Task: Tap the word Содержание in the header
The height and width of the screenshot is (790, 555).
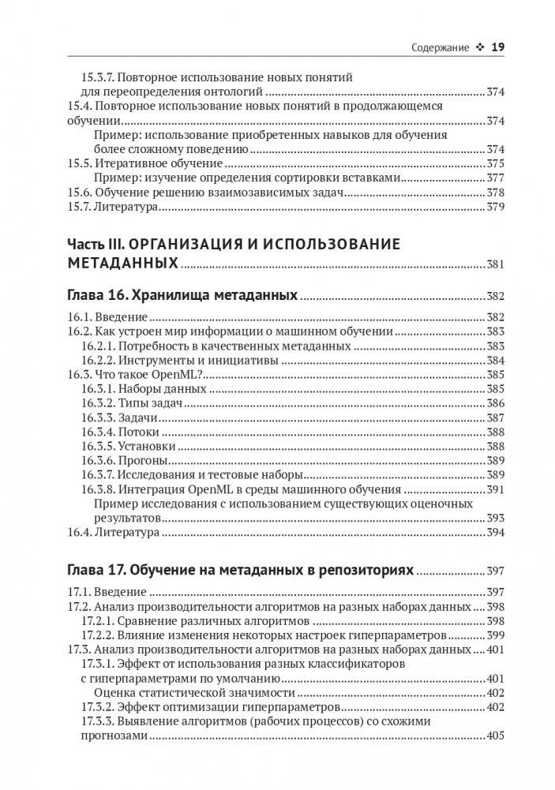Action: pos(440,47)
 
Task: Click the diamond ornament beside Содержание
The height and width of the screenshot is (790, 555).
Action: pos(479,47)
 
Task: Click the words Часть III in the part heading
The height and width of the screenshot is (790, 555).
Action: pos(94,244)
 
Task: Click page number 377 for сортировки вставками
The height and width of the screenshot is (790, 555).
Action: pos(495,178)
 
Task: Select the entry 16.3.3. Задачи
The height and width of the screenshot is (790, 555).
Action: pos(118,417)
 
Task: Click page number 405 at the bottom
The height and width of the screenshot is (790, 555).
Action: pos(495,736)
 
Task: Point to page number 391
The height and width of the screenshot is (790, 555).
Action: pos(495,489)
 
